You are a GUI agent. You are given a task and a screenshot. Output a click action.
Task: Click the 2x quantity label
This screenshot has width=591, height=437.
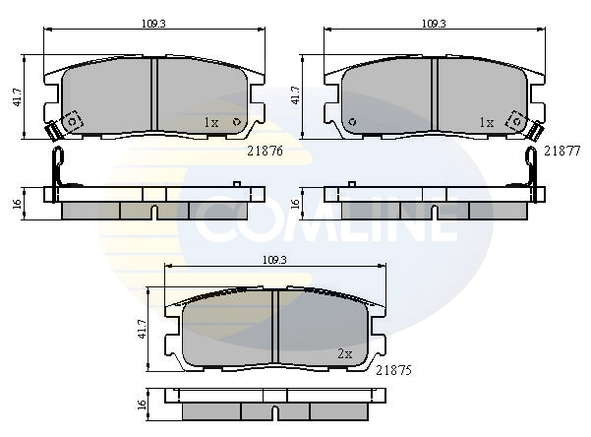pos(345,352)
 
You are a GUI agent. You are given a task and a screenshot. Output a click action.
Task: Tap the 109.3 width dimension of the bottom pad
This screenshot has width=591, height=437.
pos(276,259)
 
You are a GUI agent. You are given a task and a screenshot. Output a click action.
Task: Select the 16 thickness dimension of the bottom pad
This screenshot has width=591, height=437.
pos(142,404)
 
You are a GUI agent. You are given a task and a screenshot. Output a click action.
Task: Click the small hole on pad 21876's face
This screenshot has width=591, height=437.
pos(236,121)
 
